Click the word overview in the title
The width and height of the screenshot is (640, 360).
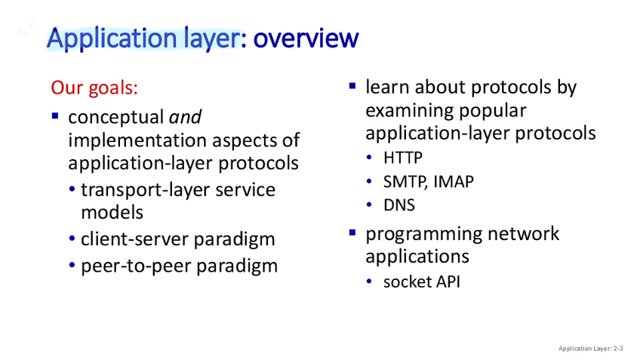click(306, 38)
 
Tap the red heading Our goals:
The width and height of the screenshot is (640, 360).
click(94, 88)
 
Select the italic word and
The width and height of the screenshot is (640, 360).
click(185, 117)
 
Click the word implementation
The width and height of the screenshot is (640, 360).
click(137, 140)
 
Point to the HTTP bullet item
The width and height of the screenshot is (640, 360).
click(403, 158)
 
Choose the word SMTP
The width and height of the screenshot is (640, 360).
click(405, 182)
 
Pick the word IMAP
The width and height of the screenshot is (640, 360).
click(454, 182)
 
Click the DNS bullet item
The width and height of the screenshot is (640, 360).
click(398, 205)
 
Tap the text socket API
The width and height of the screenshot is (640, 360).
click(422, 282)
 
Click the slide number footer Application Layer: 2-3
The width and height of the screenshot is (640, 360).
click(591, 349)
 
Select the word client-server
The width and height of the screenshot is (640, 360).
click(134, 238)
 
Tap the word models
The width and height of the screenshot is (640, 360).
click(112, 213)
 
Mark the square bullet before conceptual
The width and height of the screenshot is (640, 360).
click(55, 116)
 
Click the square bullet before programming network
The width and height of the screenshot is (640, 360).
click(352, 232)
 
